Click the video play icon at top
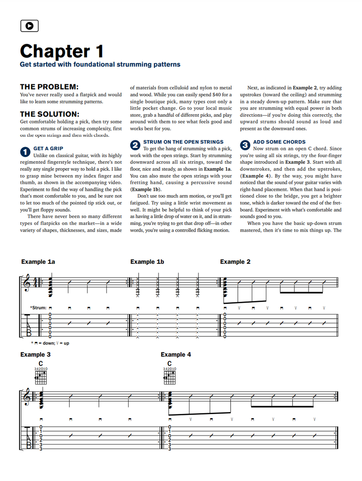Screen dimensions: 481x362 (29, 26)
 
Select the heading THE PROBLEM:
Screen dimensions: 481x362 (49, 87)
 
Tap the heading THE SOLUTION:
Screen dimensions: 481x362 (50, 114)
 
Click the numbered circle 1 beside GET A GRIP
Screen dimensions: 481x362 (25, 152)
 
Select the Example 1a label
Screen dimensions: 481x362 (38, 262)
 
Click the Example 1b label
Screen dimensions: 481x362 (147, 262)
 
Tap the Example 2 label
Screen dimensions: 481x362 (235, 262)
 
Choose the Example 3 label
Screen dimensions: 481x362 (36, 354)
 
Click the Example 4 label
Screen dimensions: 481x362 (176, 354)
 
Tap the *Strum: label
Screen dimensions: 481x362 (38, 308)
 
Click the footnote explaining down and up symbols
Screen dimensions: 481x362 (50, 343)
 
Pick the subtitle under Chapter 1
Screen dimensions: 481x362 (100, 65)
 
